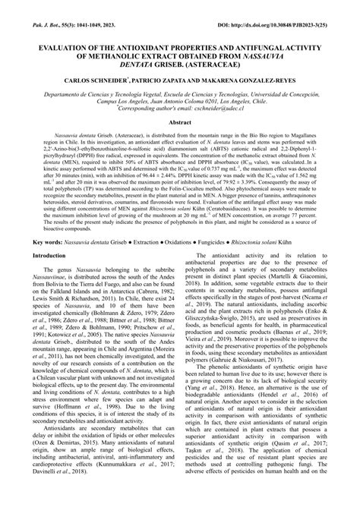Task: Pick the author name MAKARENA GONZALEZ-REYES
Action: tap(266, 79)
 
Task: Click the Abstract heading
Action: tap(179, 121)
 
